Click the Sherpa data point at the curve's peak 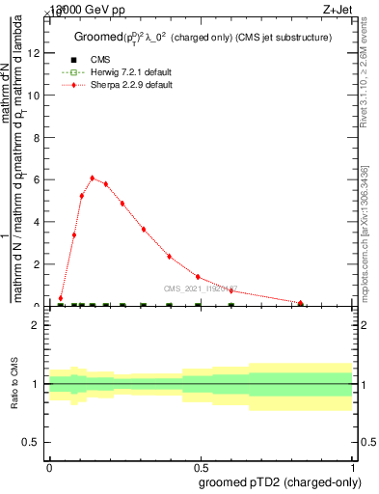92,178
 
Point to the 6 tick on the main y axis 38,179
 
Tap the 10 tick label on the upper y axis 35,96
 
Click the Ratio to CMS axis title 15,384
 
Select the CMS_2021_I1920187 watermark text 201,288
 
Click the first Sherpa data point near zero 61,298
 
